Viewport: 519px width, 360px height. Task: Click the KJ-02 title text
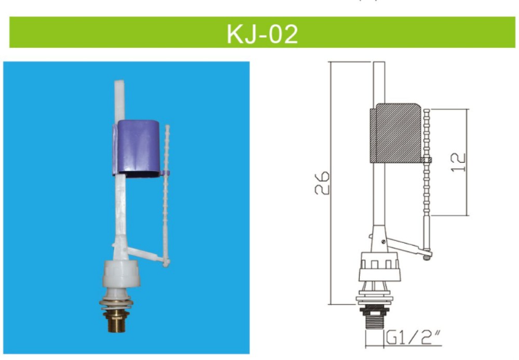pyautogui.click(x=262, y=33)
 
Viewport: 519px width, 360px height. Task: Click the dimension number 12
pyautogui.click(x=457, y=161)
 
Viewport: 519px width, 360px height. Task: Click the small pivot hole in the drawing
pyautogui.click(x=382, y=242)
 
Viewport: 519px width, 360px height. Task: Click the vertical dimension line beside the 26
pyautogui.click(x=331, y=183)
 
